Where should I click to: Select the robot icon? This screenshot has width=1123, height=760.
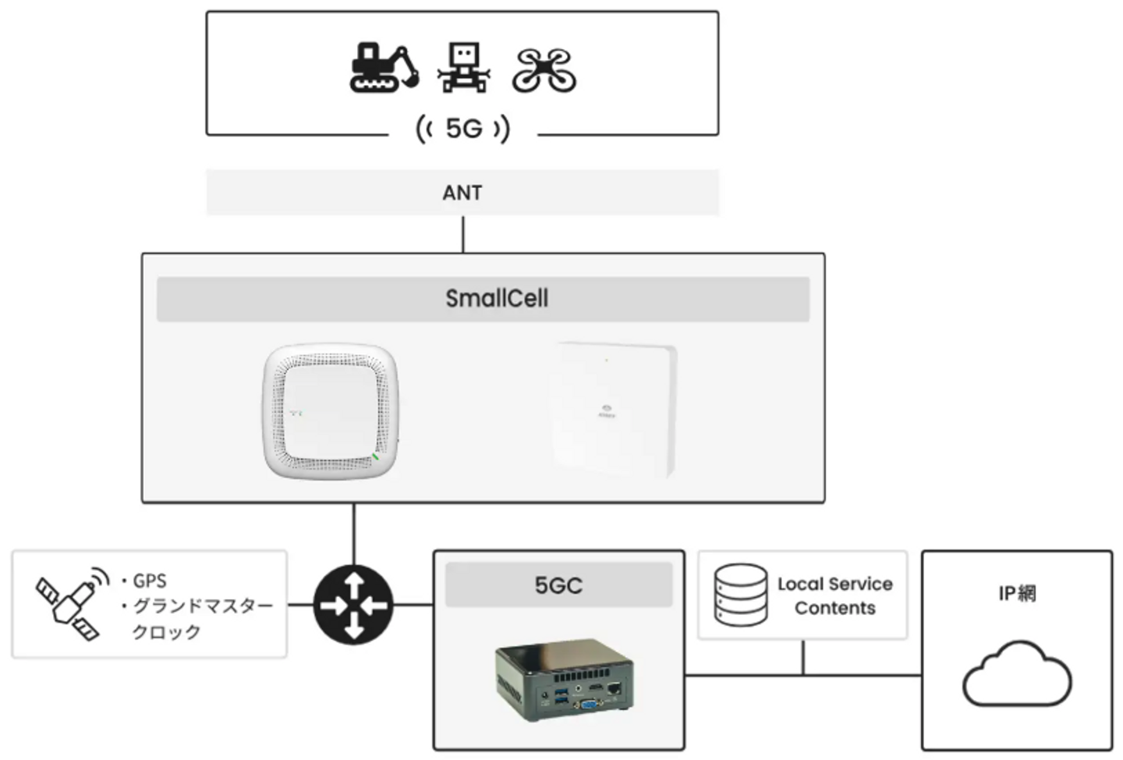click(464, 68)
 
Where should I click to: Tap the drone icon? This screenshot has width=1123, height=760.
click(544, 70)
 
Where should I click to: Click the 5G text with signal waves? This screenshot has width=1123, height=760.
click(463, 128)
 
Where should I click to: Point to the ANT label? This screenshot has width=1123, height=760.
click(462, 193)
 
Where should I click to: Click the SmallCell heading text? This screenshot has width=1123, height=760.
click(497, 298)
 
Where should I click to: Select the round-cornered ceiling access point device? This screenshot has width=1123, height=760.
click(331, 410)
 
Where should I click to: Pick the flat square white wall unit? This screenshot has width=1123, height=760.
click(614, 409)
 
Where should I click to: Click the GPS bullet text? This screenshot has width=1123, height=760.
click(149, 581)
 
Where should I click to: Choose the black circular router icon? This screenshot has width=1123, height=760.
click(353, 605)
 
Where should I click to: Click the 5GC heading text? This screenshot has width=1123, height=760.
click(558, 585)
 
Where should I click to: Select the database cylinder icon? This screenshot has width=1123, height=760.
click(741, 595)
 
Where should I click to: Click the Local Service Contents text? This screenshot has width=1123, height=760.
click(834, 595)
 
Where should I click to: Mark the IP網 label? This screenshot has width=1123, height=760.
click(1017, 594)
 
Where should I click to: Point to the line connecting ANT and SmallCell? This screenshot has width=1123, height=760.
click(463, 234)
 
